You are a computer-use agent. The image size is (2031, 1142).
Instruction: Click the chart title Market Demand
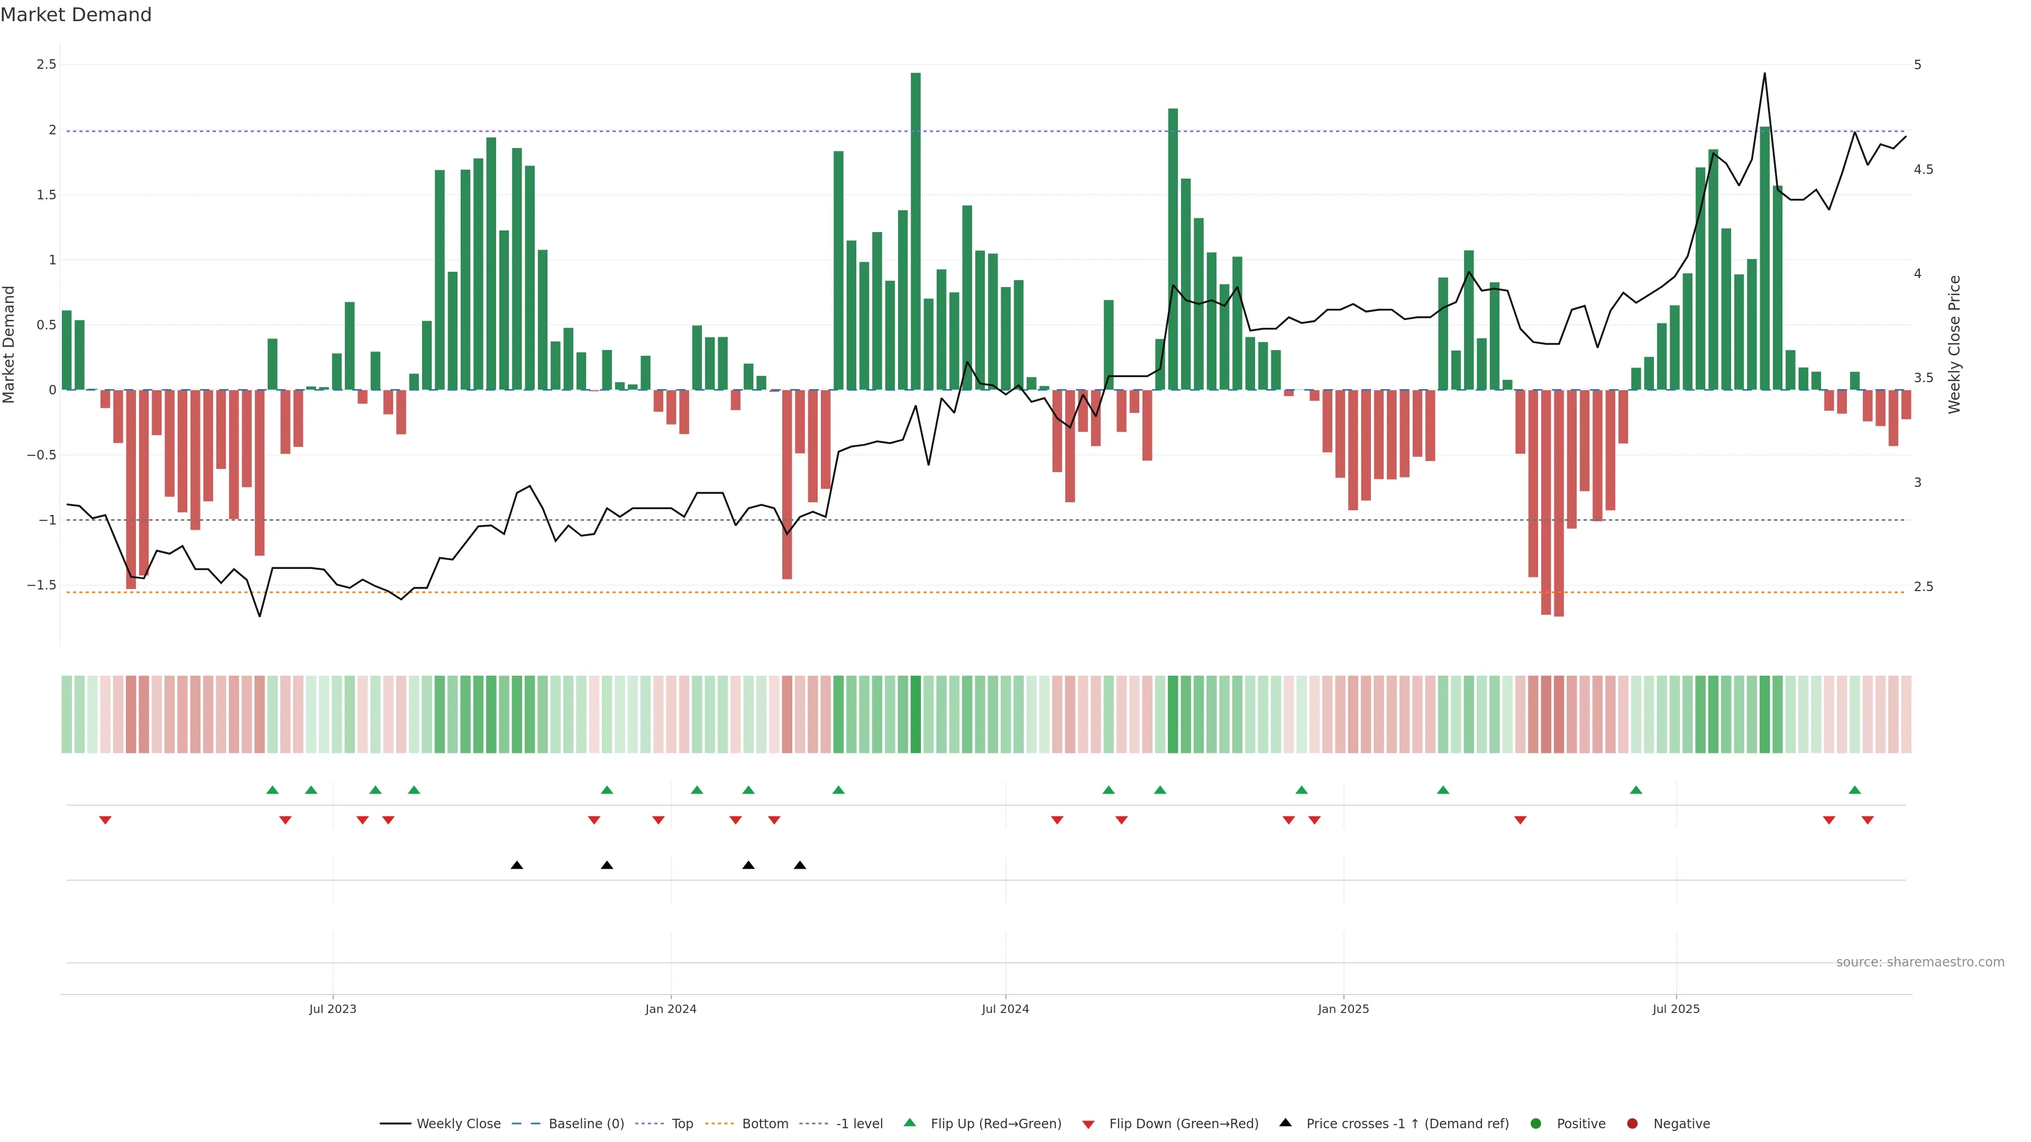pos(76,15)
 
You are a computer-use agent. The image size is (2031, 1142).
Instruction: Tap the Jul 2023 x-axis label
pos(333,1009)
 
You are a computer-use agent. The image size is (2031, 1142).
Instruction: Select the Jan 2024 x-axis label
pos(671,1009)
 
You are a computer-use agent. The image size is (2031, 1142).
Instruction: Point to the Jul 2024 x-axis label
pos(1005,1009)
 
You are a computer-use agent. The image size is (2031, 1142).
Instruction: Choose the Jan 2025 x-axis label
pos(1343,1009)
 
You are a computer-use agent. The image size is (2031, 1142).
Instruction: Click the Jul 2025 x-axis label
pos(1676,1009)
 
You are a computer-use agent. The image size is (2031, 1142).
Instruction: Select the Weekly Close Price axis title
pos(1954,344)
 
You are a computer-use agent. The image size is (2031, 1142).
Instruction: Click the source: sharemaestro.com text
pos(1920,962)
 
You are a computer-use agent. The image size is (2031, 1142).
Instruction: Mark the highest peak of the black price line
pos(1764,73)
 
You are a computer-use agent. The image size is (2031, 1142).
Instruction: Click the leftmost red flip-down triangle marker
pos(105,821)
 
